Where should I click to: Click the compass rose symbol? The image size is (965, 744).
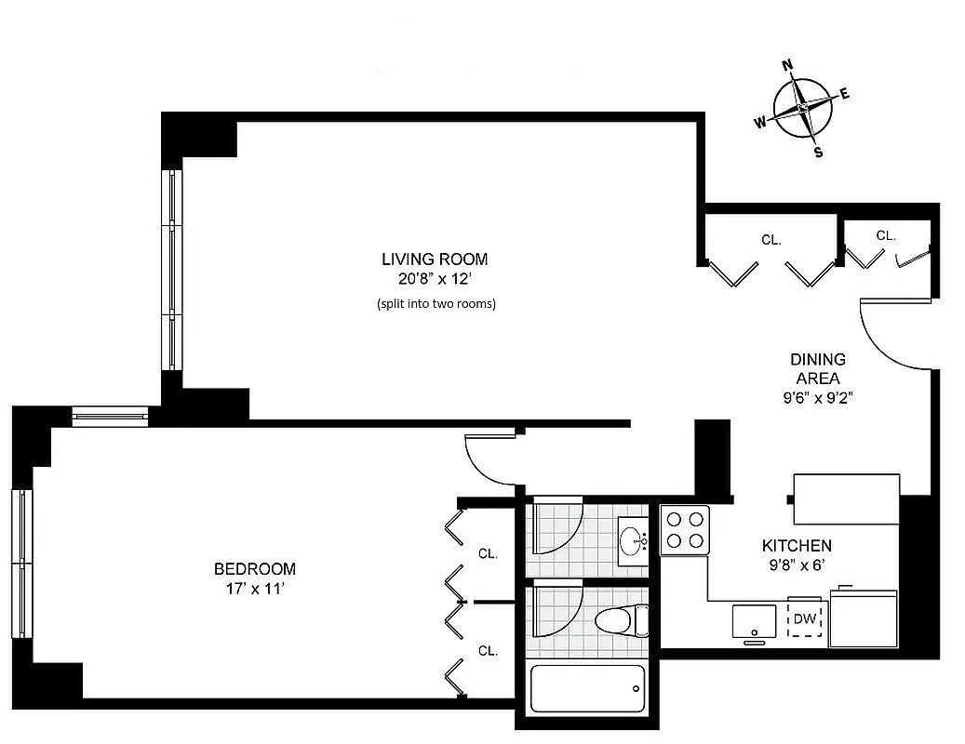(x=802, y=109)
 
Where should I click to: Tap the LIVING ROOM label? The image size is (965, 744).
(x=435, y=259)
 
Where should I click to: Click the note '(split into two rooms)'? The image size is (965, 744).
(x=436, y=303)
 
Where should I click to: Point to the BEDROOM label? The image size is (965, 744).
(x=255, y=569)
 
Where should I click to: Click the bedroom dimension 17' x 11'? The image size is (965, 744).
(x=255, y=588)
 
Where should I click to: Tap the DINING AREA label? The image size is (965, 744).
(x=818, y=368)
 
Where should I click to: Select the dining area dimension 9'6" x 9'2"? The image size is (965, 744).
(x=818, y=397)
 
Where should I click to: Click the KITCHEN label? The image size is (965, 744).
(x=797, y=546)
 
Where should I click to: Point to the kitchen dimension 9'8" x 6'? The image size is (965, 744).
(x=797, y=564)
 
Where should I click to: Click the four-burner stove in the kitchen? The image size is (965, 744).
(x=685, y=530)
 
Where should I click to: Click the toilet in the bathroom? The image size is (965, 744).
(x=621, y=619)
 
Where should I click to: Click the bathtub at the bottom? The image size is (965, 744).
(x=587, y=689)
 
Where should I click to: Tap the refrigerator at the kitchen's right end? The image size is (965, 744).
(x=864, y=617)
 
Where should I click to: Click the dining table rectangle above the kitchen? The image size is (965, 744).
(x=846, y=487)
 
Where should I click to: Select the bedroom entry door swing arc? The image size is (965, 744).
(x=489, y=460)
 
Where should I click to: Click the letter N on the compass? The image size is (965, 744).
(x=787, y=65)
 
